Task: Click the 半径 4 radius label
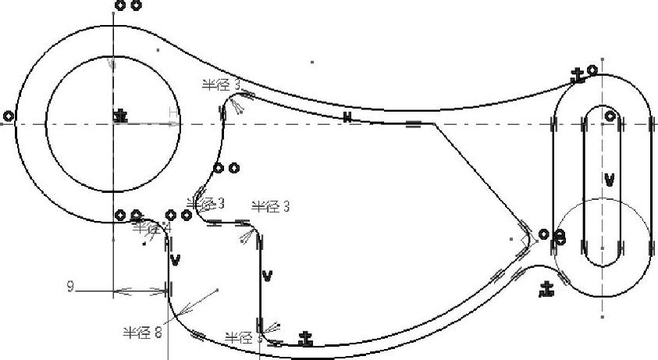coord(148,228)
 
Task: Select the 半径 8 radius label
coord(142,332)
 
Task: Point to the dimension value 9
coord(70,287)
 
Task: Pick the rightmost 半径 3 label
coord(270,206)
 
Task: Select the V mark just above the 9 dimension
coord(175,260)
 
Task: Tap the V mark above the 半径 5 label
coord(267,275)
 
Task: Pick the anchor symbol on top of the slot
coord(578,76)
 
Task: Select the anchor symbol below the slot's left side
coord(547,290)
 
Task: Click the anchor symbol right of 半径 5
coord(306,339)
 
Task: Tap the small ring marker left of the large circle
coord(9,116)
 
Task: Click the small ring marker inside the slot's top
coord(610,117)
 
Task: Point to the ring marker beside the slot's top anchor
coord(592,70)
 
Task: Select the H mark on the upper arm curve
coord(347,117)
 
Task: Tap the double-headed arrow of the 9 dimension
coord(141,292)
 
